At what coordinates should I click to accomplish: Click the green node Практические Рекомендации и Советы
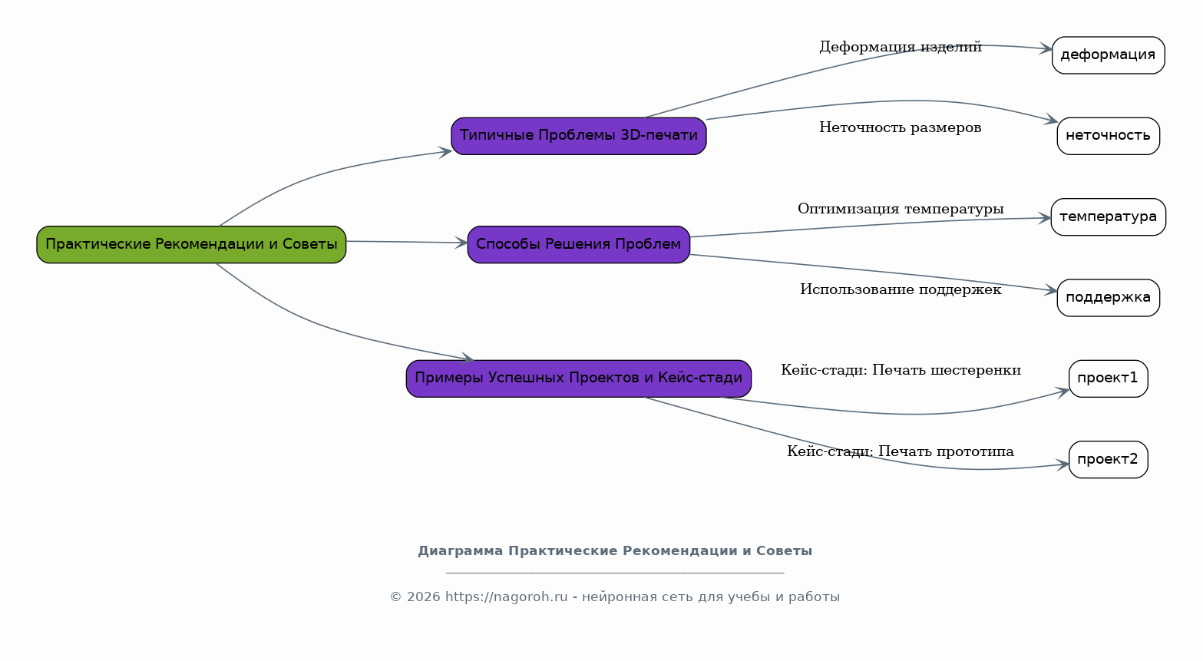pyautogui.click(x=191, y=245)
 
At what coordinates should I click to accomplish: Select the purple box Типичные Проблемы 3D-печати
pyautogui.click(x=579, y=137)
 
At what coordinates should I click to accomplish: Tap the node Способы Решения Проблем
pyautogui.click(x=579, y=245)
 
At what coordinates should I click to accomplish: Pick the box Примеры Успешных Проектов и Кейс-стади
pyautogui.click(x=579, y=379)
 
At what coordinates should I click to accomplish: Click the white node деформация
pyautogui.click(x=1109, y=55)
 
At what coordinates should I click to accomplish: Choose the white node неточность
pyautogui.click(x=1109, y=137)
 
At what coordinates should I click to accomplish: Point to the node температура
pyautogui.click(x=1109, y=217)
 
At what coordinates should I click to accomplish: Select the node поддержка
pyautogui.click(x=1109, y=298)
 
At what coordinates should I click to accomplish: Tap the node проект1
pyautogui.click(x=1109, y=379)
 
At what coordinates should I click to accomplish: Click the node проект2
pyautogui.click(x=1109, y=460)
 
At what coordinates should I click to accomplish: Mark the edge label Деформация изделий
pyautogui.click(x=901, y=48)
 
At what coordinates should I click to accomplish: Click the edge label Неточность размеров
pyautogui.click(x=901, y=127)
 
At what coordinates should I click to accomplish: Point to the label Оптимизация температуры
pyautogui.click(x=901, y=210)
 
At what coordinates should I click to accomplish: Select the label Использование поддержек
pyautogui.click(x=901, y=290)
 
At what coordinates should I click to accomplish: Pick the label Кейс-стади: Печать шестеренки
pyautogui.click(x=901, y=371)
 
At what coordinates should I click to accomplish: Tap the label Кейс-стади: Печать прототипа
pyautogui.click(x=901, y=451)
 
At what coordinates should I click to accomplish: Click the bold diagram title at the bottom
pyautogui.click(x=615, y=551)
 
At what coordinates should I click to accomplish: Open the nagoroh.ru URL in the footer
pyautogui.click(x=507, y=597)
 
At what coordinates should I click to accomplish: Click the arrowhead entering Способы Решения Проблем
pyautogui.click(x=461, y=243)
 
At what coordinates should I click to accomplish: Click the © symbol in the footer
pyautogui.click(x=396, y=597)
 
